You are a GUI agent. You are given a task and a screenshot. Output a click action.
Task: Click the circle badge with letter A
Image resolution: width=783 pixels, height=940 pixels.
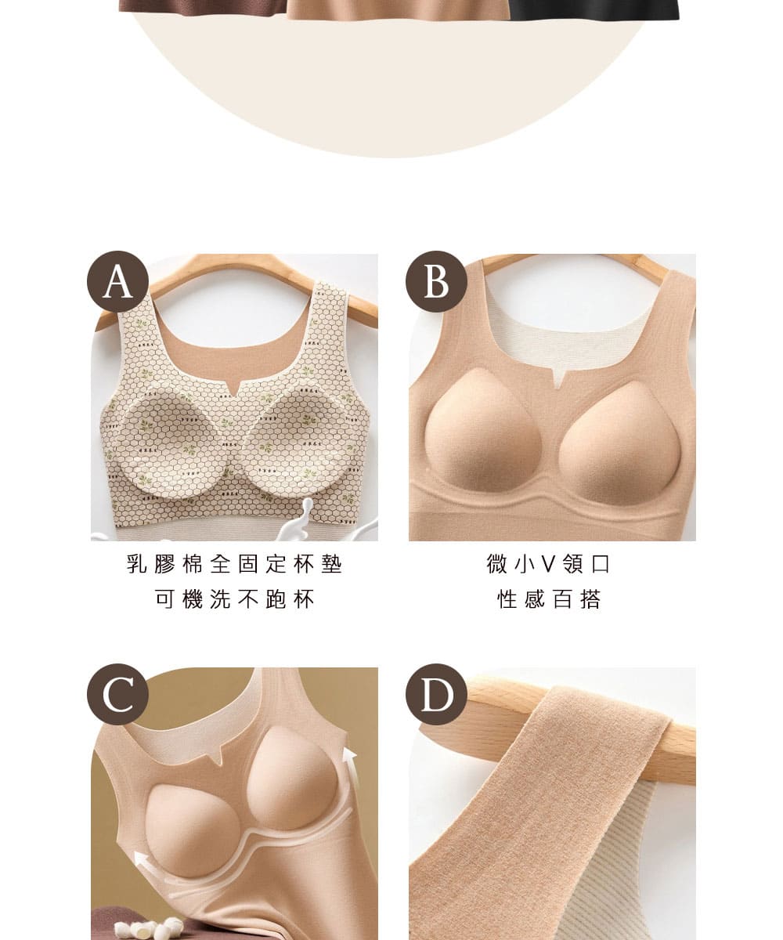tap(117, 281)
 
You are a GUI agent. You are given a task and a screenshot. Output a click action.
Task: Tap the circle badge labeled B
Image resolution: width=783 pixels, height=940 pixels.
tap(436, 281)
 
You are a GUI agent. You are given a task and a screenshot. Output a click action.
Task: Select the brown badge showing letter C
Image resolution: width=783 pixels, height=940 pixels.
tap(117, 694)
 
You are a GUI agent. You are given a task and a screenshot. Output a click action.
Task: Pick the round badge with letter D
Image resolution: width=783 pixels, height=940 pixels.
tap(436, 694)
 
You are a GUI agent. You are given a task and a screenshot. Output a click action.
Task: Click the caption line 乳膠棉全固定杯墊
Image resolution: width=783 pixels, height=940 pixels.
tap(234, 564)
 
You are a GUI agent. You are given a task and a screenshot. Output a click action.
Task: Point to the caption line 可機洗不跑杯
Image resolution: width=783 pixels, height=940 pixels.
tap(234, 598)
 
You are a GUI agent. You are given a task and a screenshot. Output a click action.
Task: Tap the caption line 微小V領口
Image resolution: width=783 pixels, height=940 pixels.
tap(548, 564)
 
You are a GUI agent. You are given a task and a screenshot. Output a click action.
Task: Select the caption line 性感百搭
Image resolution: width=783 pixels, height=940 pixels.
tap(549, 598)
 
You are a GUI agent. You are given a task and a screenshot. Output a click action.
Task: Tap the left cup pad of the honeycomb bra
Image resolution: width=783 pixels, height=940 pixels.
tap(167, 442)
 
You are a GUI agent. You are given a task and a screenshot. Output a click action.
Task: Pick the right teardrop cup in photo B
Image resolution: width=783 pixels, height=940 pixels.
tap(620, 443)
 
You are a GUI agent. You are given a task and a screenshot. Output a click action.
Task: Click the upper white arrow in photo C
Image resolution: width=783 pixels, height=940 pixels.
tap(351, 770)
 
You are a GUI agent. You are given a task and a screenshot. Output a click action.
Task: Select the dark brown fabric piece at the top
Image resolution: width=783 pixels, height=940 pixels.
tap(203, 7)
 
